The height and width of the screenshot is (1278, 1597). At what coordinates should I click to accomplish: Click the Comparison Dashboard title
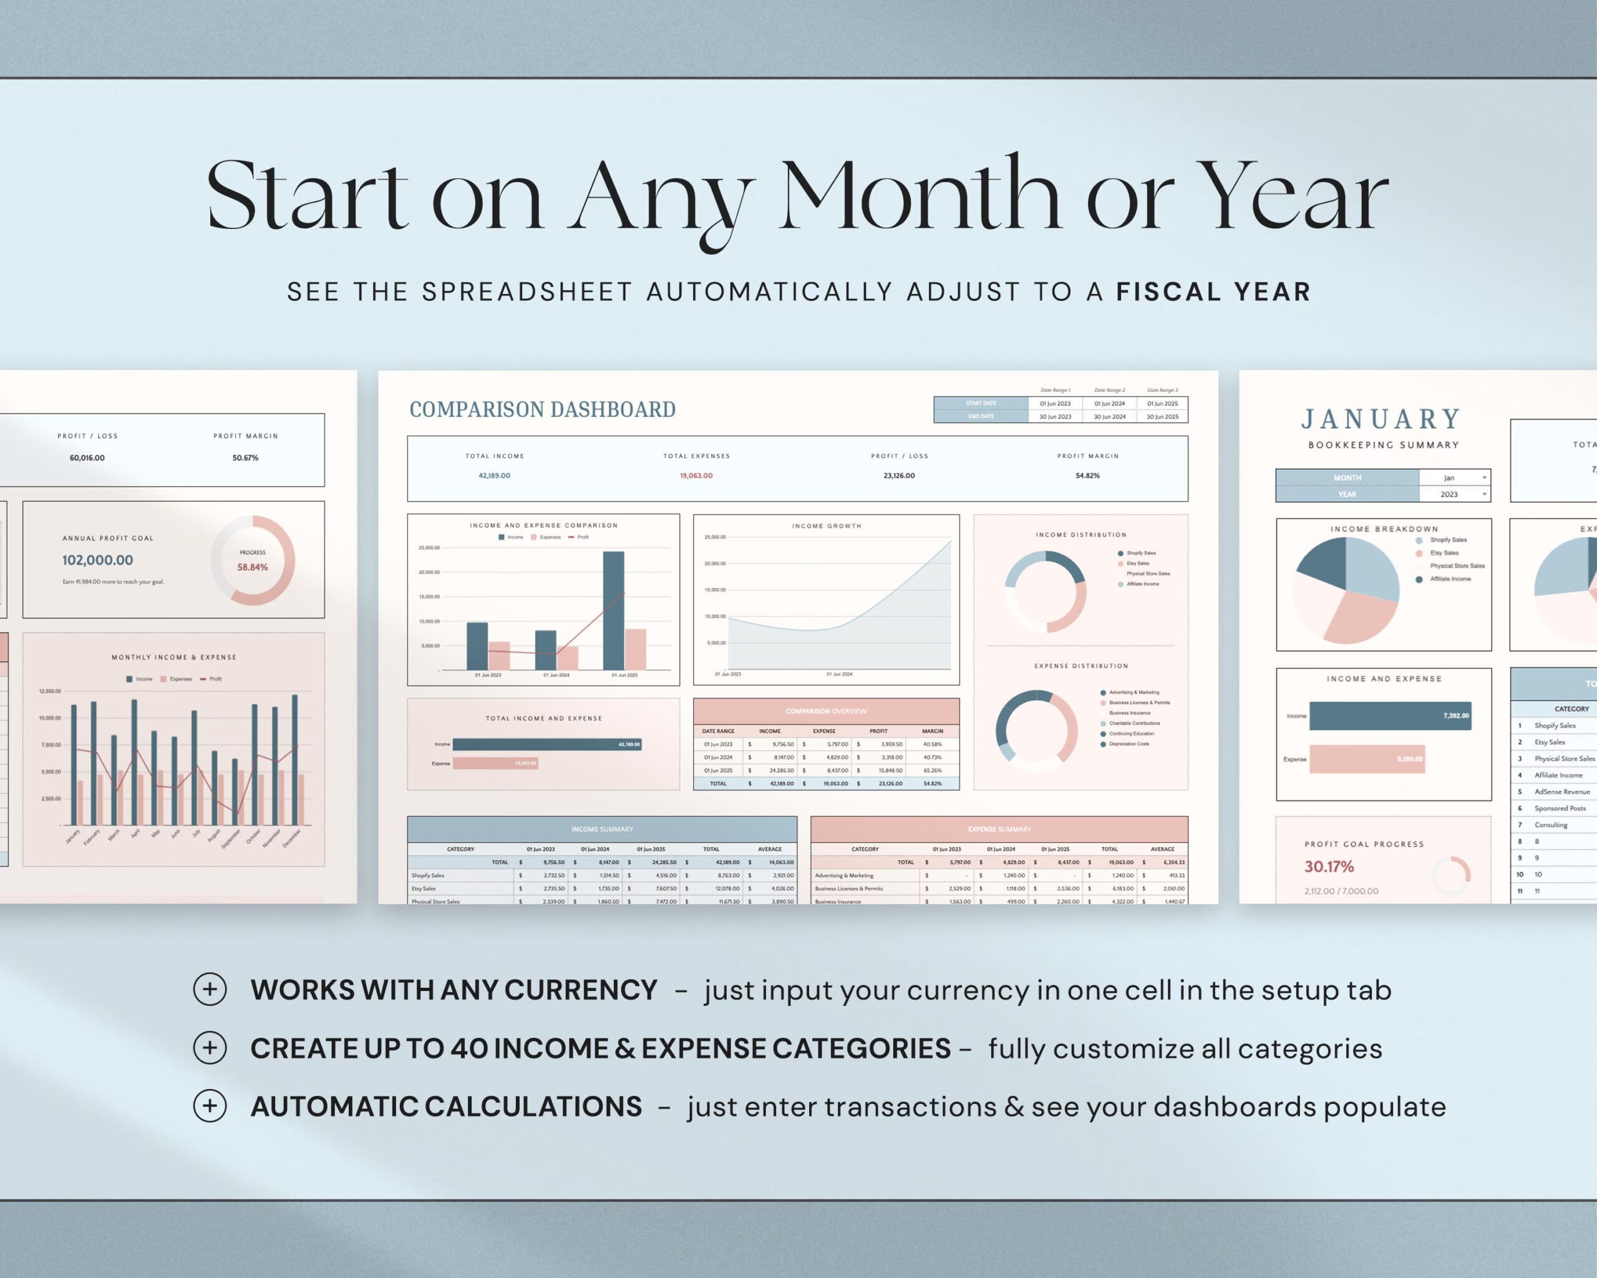tap(542, 410)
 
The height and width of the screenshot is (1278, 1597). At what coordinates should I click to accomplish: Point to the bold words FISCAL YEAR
tap(1213, 292)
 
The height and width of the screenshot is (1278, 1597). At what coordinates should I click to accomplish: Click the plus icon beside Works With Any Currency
tap(210, 989)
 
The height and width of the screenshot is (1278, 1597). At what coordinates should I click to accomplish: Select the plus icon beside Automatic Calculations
tap(210, 1106)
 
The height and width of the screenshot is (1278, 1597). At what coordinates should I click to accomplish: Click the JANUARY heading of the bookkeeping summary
tap(1381, 419)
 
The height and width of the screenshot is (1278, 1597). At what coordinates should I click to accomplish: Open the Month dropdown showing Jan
tap(1454, 478)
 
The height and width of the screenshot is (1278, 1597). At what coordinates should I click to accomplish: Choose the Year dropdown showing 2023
tap(1454, 494)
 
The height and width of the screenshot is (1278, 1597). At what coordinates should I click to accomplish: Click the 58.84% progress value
tap(253, 567)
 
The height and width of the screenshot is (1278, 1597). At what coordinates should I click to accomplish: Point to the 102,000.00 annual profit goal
tap(98, 560)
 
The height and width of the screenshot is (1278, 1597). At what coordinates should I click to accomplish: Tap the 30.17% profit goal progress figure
tap(1329, 867)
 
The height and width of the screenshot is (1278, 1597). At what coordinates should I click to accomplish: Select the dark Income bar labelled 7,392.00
tap(1390, 716)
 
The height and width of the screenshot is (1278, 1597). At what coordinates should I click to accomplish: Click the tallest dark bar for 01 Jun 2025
tap(613, 610)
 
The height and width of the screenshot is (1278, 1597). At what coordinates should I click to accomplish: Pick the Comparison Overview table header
tap(826, 711)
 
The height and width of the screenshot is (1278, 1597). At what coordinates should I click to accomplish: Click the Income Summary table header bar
tap(602, 829)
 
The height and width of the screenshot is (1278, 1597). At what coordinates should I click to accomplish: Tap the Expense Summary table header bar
tap(999, 829)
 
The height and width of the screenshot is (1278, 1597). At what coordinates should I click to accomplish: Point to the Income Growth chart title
tap(827, 526)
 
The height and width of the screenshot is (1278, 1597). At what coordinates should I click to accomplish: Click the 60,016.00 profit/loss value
tap(87, 458)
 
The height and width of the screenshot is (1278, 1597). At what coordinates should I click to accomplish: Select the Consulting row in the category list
tap(1550, 824)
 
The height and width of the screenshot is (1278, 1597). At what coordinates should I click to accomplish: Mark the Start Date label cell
tap(981, 403)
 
